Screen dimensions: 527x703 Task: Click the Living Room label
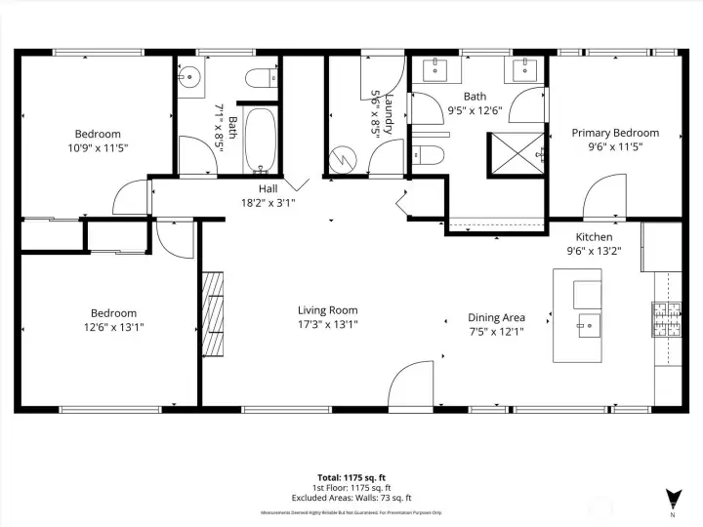(x=327, y=310)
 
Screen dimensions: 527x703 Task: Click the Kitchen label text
(x=594, y=237)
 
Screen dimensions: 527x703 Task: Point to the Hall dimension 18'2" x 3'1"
(x=268, y=203)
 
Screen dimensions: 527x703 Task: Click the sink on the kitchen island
(x=588, y=323)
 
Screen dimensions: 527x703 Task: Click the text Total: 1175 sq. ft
(x=351, y=476)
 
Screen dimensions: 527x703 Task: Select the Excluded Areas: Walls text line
(x=351, y=498)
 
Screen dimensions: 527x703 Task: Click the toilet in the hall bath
(x=261, y=78)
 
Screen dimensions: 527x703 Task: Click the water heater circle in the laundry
(x=345, y=157)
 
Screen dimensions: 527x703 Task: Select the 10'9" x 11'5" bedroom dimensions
(x=98, y=147)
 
